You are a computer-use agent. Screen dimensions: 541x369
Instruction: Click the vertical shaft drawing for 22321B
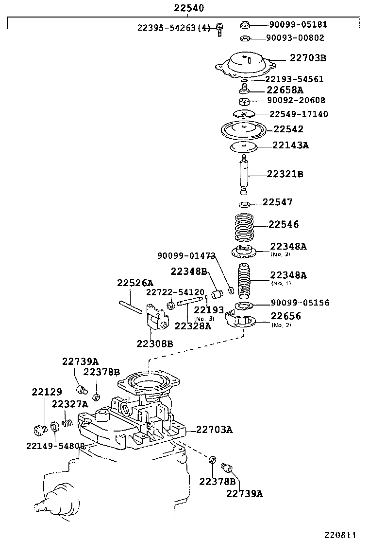coord(245,174)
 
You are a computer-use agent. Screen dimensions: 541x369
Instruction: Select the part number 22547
coord(278,202)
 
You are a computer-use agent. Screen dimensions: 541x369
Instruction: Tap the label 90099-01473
coord(186,255)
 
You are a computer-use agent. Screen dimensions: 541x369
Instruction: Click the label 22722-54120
coord(175,292)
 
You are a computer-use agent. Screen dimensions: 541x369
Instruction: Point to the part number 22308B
coord(154,344)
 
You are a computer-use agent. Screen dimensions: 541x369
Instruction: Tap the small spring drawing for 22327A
coord(67,424)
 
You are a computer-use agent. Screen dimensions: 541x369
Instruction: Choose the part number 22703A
coord(214,430)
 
